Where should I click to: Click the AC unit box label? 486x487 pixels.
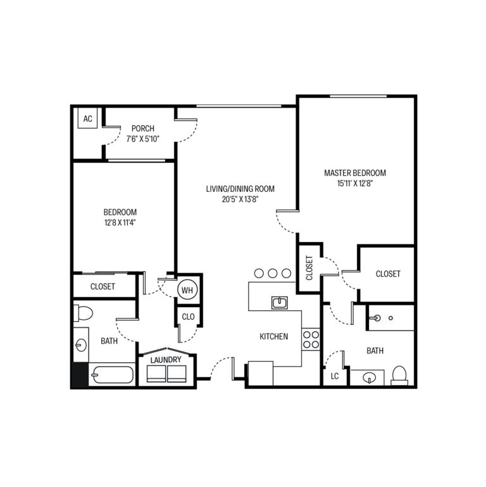point(88,119)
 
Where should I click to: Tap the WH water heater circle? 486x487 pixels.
point(187,290)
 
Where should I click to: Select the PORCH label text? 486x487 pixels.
point(142,129)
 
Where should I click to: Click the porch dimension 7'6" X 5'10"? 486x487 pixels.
point(142,139)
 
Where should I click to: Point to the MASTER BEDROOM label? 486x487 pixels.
point(355,172)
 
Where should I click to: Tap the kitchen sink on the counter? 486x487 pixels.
point(280,302)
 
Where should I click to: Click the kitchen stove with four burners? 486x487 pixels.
point(310,339)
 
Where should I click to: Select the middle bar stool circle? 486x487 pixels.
point(273,273)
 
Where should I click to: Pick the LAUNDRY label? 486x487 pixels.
point(166,360)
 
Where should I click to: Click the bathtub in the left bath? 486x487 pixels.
point(112,376)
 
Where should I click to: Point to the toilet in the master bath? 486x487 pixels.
point(399,374)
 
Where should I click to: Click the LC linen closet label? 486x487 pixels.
point(335,376)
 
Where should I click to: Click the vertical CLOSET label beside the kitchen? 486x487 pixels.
point(309,268)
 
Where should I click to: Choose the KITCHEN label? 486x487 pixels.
point(274,337)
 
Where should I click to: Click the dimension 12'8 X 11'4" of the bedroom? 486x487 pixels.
point(120,222)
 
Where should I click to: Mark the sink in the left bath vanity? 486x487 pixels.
point(80,346)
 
